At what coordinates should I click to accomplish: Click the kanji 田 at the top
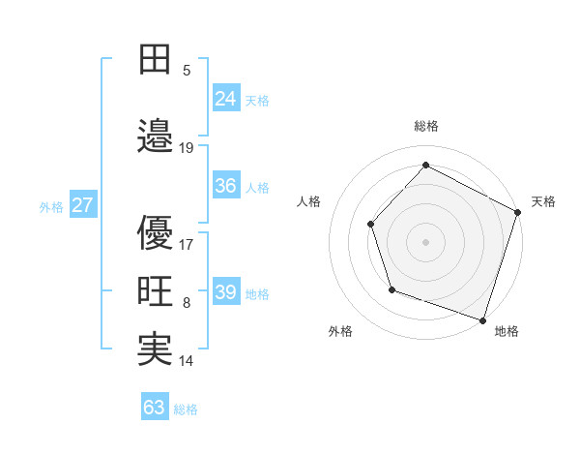[155, 60]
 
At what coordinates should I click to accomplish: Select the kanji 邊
[155, 135]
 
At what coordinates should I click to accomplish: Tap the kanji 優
[155, 231]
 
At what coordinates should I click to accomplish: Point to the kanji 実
[155, 349]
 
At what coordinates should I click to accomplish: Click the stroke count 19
[187, 148]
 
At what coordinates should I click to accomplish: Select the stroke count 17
[187, 245]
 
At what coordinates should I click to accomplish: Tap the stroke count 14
[187, 361]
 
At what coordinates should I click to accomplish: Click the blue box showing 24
[226, 97]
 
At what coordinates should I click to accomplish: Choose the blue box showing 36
[226, 185]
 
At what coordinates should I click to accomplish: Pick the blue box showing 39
[226, 291]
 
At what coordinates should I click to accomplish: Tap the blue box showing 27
[83, 204]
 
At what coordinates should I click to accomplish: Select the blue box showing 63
[155, 407]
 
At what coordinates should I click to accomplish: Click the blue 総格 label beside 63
[186, 409]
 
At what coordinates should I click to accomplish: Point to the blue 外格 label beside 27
[51, 206]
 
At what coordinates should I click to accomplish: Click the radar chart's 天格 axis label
[543, 201]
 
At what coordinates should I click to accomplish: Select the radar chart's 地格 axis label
[507, 331]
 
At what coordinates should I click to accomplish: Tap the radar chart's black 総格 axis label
[425, 126]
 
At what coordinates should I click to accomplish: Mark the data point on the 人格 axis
[370, 225]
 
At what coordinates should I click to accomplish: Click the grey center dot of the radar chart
[425, 241]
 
